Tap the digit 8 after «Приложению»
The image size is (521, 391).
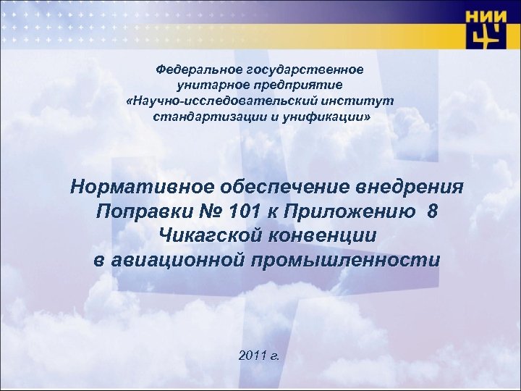432,212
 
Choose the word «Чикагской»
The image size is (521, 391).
211,236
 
